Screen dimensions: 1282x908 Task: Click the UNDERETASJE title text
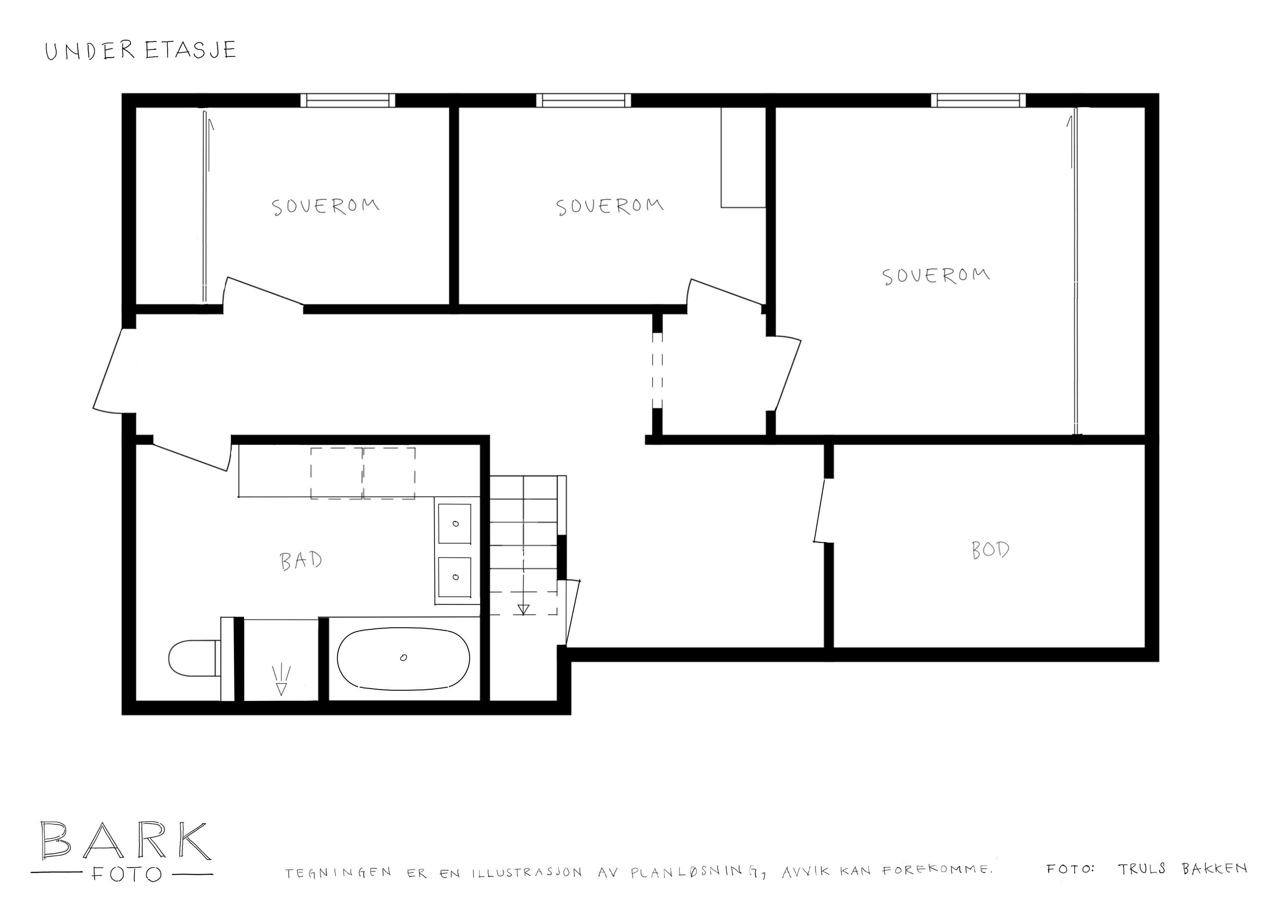(x=141, y=50)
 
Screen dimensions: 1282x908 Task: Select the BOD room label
(x=990, y=550)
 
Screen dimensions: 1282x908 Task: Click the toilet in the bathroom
(x=193, y=659)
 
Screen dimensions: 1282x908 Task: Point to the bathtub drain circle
(x=403, y=657)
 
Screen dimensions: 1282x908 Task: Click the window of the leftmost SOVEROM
(x=348, y=100)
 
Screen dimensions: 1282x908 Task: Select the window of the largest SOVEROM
(x=978, y=100)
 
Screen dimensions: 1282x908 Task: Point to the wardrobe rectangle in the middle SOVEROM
(x=743, y=157)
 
